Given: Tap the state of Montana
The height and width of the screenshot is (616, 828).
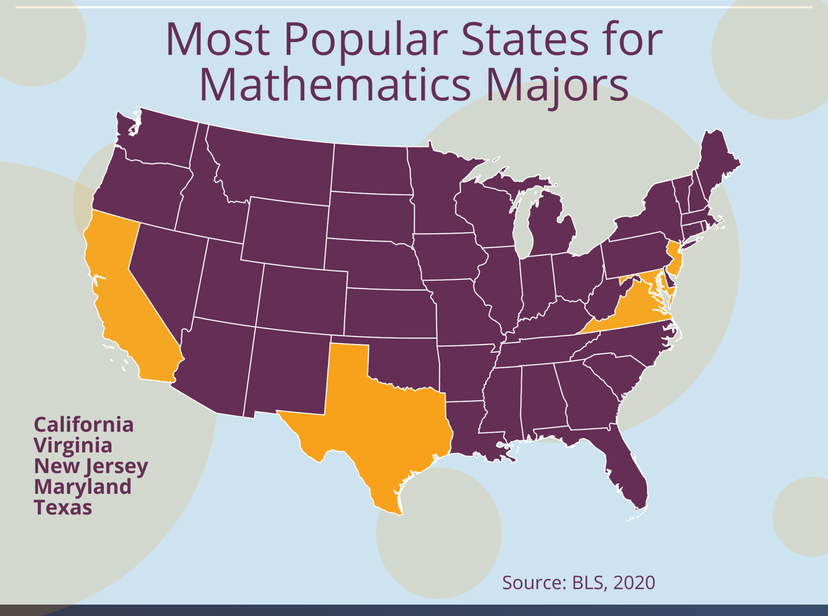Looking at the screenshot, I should pos(271,162).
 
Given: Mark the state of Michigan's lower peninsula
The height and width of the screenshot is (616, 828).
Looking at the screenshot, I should pos(552,231).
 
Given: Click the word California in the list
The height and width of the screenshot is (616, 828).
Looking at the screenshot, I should pos(84,425).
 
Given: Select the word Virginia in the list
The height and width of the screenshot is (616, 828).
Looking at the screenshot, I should pos(73,445).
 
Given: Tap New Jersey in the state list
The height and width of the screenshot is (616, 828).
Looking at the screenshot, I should pos(91,466).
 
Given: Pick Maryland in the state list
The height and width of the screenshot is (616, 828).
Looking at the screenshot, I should pos(83,487).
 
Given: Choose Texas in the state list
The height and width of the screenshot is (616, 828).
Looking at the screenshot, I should pos(63,508).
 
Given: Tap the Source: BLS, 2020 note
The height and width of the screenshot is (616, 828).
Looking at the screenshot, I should pos(579,583).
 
